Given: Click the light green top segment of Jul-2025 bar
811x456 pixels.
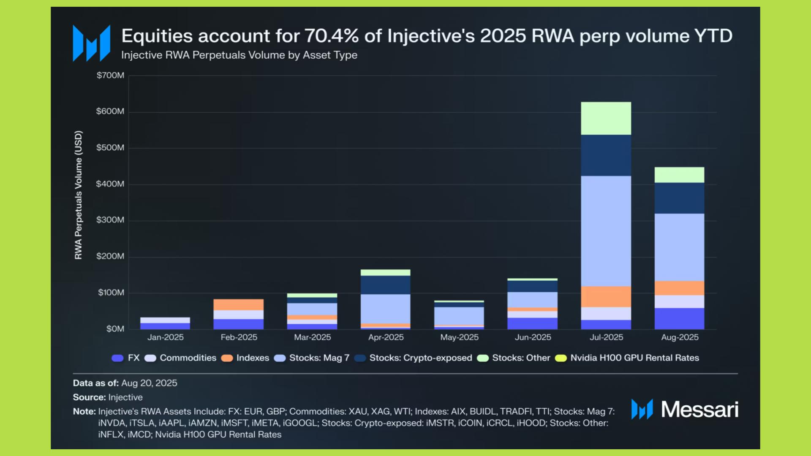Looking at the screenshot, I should [x=606, y=118].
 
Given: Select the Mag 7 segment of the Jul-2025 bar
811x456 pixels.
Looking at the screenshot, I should [x=606, y=231].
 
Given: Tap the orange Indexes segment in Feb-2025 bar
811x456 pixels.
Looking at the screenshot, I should [x=239, y=304].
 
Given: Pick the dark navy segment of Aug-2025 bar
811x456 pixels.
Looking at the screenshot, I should [x=679, y=198].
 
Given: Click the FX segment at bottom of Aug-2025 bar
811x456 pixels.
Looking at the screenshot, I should [x=679, y=318].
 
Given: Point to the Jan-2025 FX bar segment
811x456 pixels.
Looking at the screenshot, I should [x=165, y=326].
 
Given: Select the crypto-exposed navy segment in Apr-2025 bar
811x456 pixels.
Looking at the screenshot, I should [x=385, y=285].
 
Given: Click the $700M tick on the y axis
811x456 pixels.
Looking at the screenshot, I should [x=110, y=76].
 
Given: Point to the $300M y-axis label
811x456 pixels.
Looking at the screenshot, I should [x=110, y=220].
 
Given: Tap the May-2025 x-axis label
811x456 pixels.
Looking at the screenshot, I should [x=459, y=337].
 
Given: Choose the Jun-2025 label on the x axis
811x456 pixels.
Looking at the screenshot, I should [x=533, y=337].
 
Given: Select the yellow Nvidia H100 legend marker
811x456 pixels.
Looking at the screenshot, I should [x=561, y=358].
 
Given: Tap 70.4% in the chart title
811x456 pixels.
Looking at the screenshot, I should [x=331, y=36].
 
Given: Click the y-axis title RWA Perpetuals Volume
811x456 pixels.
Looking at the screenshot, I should [x=78, y=195].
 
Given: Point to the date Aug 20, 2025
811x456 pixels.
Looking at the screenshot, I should [x=149, y=383].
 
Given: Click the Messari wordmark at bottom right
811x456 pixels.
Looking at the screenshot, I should [x=699, y=409].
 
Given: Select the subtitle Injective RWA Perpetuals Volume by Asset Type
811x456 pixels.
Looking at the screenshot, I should [x=239, y=55].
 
